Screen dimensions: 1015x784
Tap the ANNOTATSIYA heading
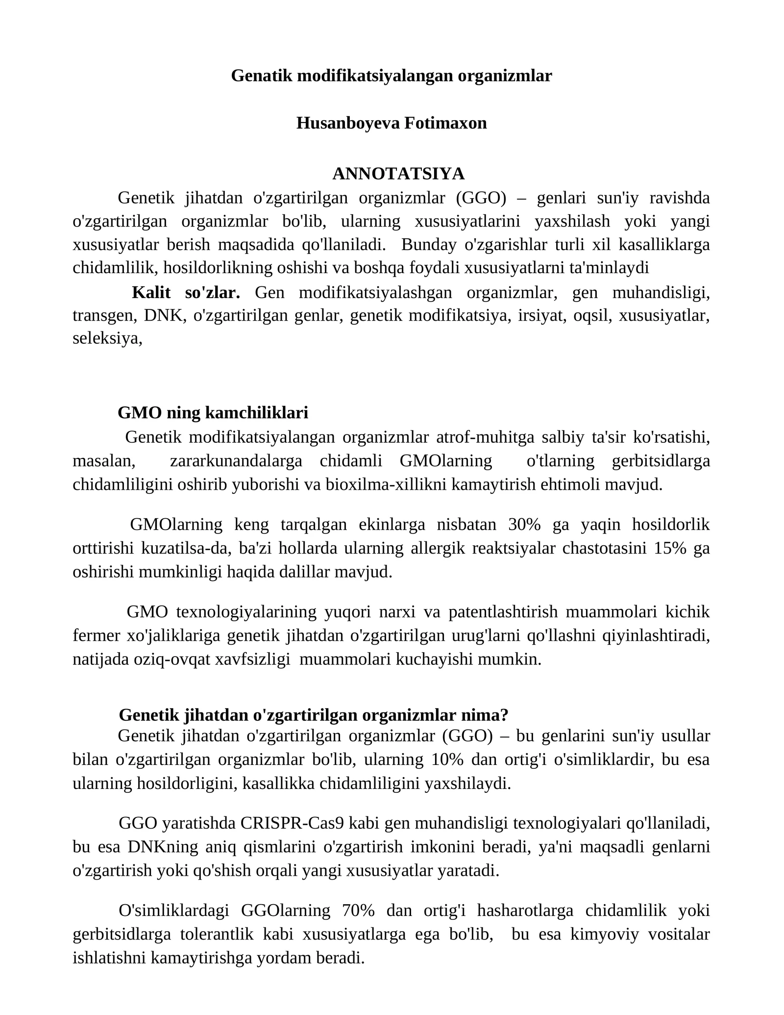point(398,173)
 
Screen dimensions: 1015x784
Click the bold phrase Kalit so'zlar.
point(186,293)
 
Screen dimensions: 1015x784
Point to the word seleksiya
point(106,338)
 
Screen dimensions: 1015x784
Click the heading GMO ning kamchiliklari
point(213,412)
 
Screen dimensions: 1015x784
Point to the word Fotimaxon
point(445,123)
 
